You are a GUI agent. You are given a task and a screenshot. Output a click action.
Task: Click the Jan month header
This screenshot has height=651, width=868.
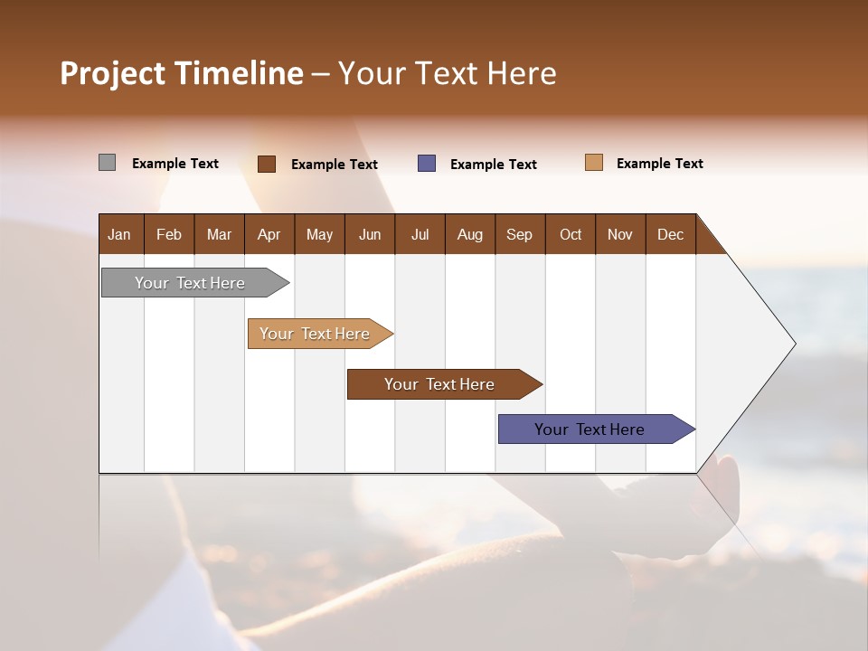coord(120,234)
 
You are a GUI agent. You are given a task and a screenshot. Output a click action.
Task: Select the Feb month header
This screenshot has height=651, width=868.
coord(169,234)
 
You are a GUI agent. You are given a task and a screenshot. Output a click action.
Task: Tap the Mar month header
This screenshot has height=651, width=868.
coord(219,234)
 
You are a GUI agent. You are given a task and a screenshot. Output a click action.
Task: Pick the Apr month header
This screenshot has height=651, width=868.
coord(269,234)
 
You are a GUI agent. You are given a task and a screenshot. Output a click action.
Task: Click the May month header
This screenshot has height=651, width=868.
coord(319,234)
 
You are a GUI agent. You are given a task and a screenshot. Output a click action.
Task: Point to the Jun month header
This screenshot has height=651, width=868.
coord(370,234)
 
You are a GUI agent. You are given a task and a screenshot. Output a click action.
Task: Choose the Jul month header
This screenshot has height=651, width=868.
coord(420,234)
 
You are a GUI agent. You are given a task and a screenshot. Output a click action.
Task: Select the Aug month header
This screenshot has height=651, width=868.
coord(470,234)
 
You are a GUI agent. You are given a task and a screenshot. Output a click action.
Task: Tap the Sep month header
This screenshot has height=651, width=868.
coord(520,234)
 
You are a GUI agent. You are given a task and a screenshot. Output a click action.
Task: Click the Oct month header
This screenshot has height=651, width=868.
coord(571,234)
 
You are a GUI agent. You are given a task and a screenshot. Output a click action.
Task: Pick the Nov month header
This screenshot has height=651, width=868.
coord(620,234)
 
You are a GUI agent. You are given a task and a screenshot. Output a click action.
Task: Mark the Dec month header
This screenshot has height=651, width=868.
coord(671,234)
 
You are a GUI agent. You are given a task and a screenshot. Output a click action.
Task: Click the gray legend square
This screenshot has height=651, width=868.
coord(107,163)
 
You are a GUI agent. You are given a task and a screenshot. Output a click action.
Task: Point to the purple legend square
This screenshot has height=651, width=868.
coord(427,164)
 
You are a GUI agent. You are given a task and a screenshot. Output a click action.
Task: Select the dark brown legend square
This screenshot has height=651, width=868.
coord(267,164)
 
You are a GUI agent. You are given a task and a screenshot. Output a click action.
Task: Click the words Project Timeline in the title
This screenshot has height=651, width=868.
coord(182,73)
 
